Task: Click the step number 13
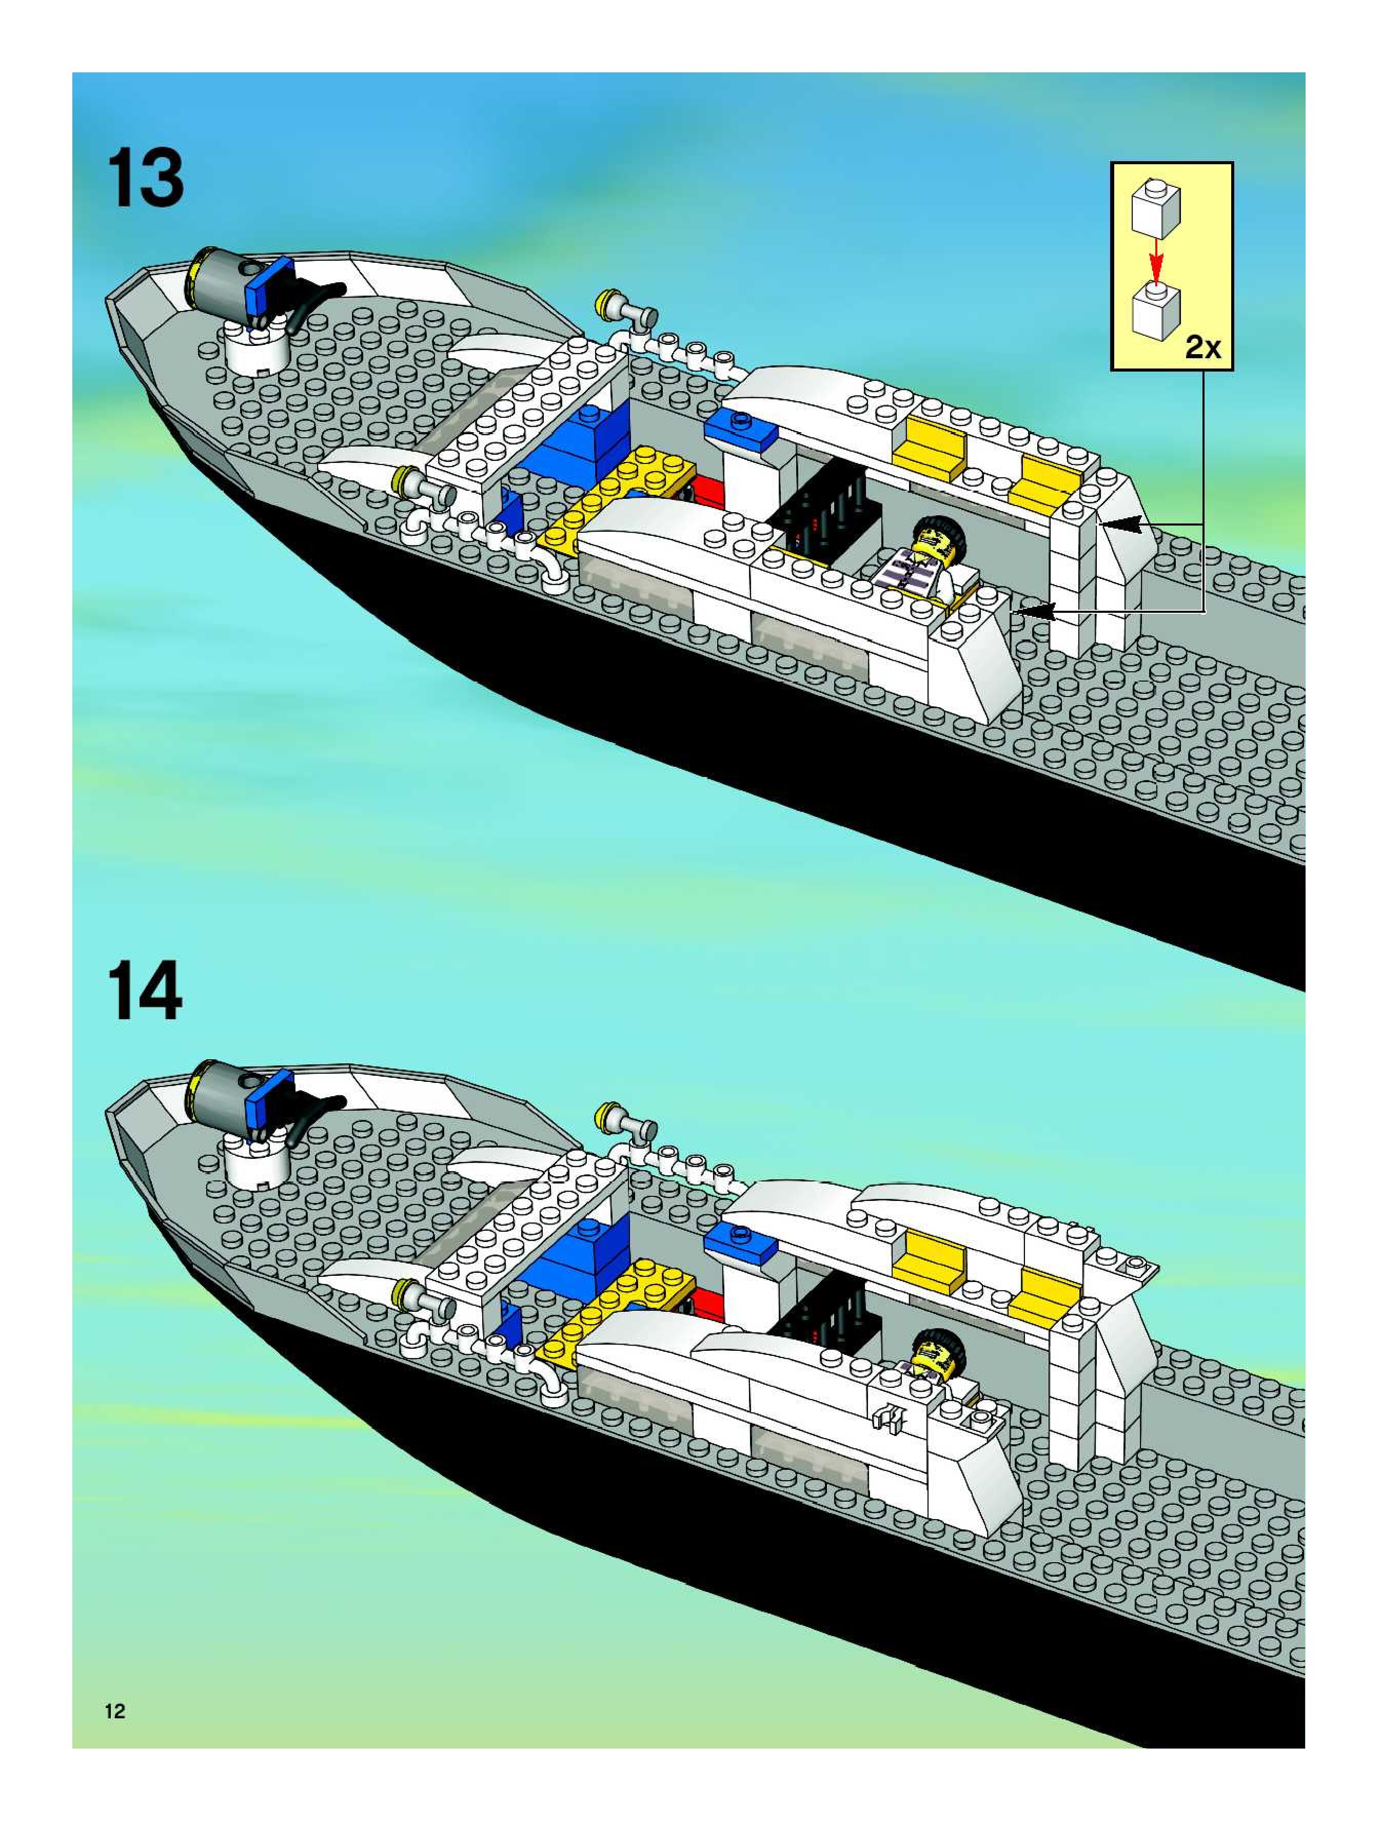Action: pos(145,180)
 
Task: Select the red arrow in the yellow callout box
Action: pos(1157,259)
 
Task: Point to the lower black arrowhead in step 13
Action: pos(1032,611)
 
